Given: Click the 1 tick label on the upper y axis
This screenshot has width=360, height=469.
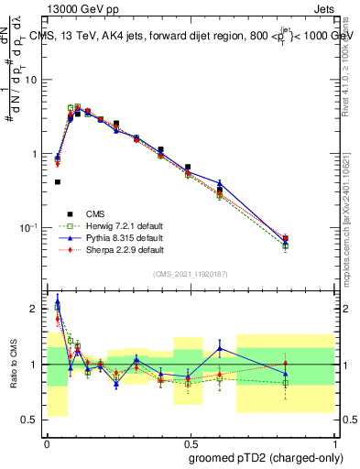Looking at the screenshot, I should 36,154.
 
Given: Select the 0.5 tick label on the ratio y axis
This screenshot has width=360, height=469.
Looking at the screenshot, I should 32,420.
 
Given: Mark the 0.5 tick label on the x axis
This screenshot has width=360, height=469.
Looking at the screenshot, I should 190,442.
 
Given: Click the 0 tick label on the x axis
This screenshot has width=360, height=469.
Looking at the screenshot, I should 46,442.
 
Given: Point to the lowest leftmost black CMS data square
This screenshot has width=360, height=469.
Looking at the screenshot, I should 58,182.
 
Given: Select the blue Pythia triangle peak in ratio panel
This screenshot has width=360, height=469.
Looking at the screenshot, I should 58,300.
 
